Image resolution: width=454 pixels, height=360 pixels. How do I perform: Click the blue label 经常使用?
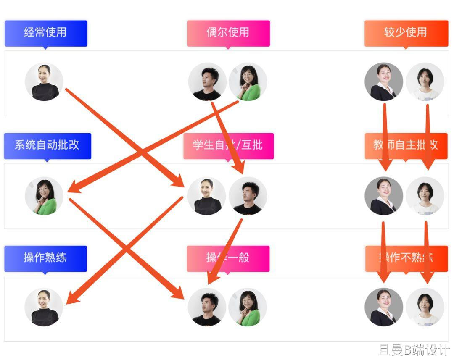click(x=46, y=33)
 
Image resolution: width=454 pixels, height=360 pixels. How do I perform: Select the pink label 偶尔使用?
click(x=228, y=33)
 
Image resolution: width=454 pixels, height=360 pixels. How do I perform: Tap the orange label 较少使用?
click(x=406, y=33)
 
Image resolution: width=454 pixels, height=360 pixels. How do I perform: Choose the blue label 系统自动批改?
click(x=47, y=145)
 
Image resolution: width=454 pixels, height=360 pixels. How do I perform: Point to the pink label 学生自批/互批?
click(x=228, y=145)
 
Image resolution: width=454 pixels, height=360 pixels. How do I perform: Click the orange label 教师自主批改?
click(x=406, y=145)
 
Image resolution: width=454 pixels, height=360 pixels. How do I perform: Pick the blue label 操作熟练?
click(x=45, y=258)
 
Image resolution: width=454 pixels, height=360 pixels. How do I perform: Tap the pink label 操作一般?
click(x=228, y=258)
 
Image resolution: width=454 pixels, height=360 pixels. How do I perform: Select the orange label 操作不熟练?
click(x=406, y=258)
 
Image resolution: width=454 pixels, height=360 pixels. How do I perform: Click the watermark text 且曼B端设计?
click(x=414, y=350)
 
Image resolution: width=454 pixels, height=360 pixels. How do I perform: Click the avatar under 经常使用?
click(x=44, y=82)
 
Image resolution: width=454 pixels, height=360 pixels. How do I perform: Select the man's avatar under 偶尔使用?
click(x=207, y=82)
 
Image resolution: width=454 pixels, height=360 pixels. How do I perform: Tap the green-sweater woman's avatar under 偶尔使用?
click(x=248, y=82)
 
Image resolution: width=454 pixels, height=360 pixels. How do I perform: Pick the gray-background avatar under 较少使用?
click(x=383, y=82)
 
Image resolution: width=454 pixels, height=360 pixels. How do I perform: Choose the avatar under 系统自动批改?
click(x=44, y=195)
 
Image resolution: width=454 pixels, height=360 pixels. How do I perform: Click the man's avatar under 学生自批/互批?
click(x=248, y=195)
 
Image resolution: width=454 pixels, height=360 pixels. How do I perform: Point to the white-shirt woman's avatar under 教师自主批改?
click(x=425, y=195)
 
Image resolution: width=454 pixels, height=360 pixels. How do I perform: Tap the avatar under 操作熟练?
click(x=44, y=307)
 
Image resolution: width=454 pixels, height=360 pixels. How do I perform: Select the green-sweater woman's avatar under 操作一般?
click(x=248, y=307)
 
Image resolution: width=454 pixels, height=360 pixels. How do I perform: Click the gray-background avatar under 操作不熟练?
click(x=383, y=307)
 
